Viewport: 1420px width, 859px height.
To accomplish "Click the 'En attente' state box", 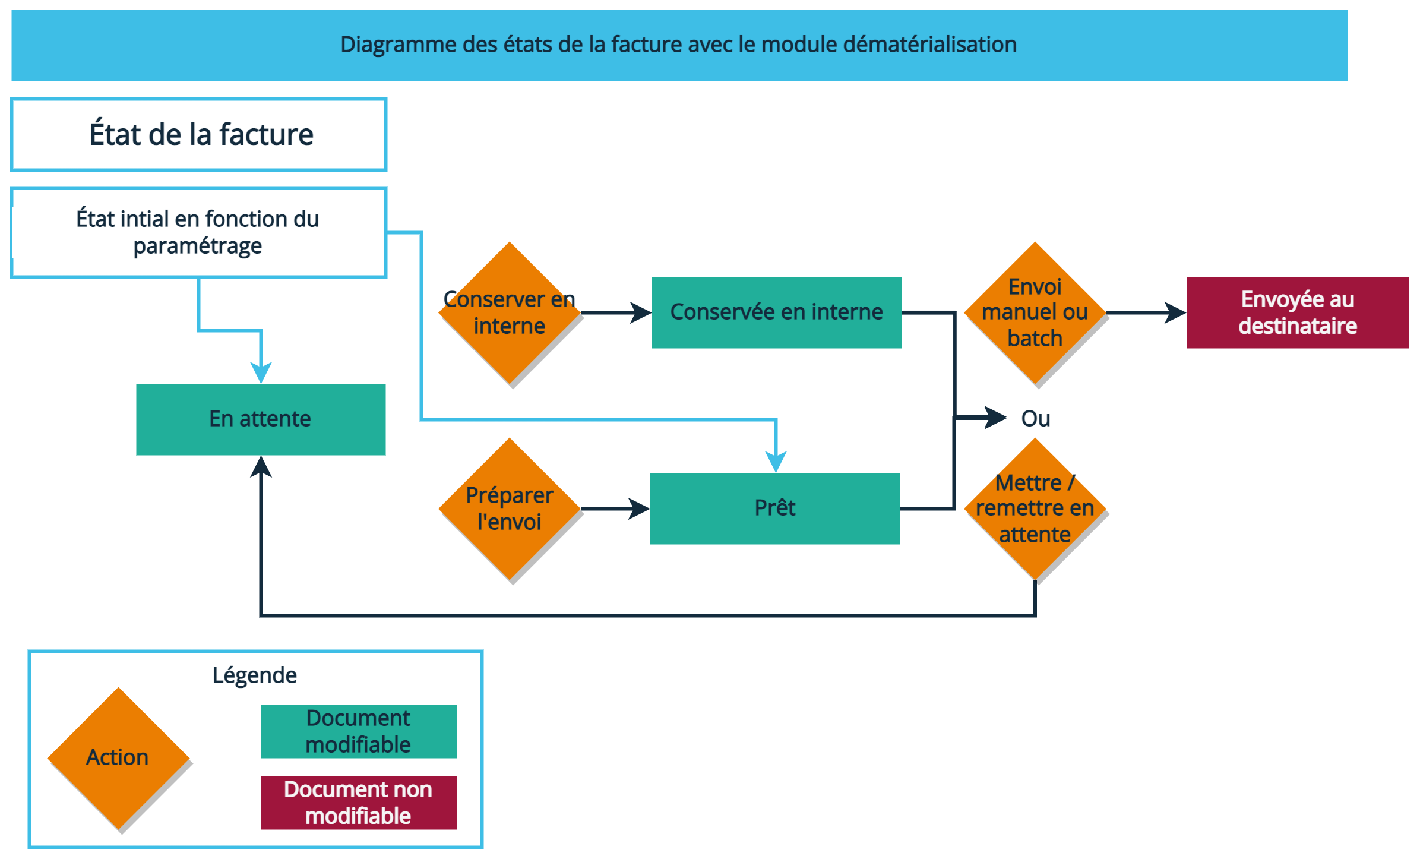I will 261,419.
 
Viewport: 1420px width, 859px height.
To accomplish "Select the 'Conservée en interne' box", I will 776,312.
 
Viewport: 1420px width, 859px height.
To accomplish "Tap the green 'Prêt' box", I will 774,509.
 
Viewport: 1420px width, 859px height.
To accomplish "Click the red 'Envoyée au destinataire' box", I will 1297,312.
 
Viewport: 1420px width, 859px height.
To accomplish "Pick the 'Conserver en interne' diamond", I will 510,313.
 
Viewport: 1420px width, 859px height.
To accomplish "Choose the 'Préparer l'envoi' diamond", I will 510,509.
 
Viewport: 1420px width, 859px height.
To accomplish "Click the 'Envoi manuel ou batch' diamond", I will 1035,313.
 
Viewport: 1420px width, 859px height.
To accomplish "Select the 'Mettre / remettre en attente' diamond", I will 1035,509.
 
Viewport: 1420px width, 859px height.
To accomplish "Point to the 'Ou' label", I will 1035,419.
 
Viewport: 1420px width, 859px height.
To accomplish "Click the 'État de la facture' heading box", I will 199,135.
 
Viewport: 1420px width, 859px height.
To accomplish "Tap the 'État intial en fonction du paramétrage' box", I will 198,233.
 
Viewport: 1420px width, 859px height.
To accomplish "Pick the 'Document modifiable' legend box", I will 359,731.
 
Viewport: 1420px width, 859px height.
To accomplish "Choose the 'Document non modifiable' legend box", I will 359,803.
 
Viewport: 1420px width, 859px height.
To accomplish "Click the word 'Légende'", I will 255,675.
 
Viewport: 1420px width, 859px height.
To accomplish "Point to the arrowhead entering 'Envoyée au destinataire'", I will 1176,312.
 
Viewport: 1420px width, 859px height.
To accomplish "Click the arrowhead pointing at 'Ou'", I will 995,418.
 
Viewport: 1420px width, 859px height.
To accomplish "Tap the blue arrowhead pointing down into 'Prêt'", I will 776,462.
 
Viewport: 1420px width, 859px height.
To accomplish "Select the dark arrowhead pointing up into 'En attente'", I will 261,467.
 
